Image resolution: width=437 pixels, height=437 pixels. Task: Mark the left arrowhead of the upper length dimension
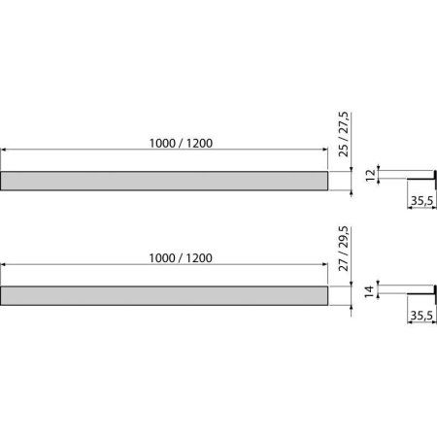click(x=5, y=151)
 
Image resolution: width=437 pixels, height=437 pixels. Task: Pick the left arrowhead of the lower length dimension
click(x=5, y=266)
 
